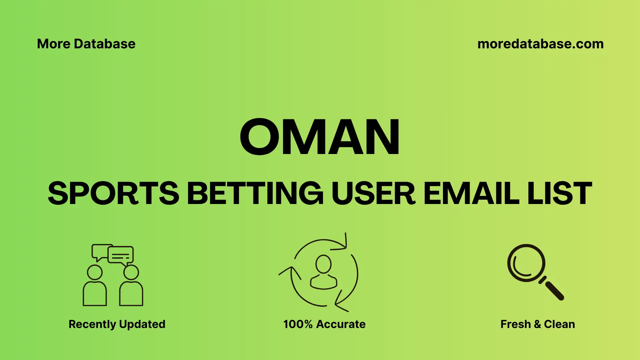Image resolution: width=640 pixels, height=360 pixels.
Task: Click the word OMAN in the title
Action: pos(320,137)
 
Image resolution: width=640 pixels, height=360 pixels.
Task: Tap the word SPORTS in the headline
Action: pos(114,193)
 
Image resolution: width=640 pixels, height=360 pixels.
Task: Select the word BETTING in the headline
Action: pos(255,193)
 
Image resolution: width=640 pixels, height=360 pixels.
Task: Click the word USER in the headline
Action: pos(373,193)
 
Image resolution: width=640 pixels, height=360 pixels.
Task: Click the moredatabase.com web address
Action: pos(540,44)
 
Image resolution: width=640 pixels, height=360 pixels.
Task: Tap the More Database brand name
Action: pos(86,44)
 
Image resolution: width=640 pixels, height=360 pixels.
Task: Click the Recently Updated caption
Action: pos(117,324)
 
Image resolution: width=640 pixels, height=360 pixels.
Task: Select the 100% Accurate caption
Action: pos(324,324)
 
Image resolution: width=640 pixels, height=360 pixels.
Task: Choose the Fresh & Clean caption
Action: pos(537,324)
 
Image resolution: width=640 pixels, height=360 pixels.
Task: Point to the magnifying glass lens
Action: pos(526,263)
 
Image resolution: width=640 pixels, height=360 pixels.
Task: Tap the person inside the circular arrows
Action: pos(323,273)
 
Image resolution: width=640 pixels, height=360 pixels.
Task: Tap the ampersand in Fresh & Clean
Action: pos(537,324)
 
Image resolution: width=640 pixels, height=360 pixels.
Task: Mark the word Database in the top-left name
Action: pos(105,44)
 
